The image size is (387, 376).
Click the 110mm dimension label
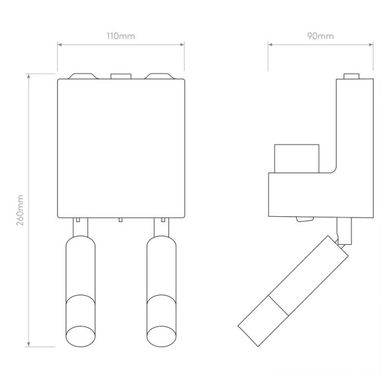coord(120,36)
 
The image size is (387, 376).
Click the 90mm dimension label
coord(320,36)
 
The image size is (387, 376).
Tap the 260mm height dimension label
coord(20,210)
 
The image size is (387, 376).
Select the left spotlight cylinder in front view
coord(81,291)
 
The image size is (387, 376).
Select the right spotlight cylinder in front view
coord(161,291)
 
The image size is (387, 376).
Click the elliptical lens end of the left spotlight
coord(81,336)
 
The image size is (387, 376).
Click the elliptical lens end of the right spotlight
coord(161,336)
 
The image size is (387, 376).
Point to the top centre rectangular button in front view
coord(121,76)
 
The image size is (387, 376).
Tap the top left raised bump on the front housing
coord(83,76)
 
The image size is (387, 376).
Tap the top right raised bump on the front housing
coord(160,76)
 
